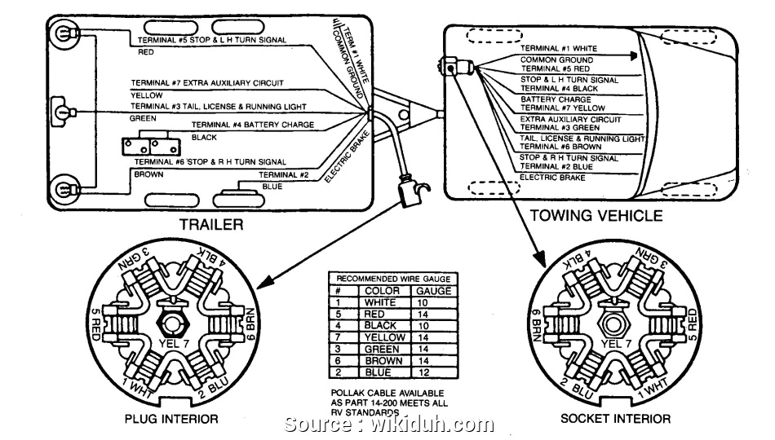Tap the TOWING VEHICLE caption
point(596,216)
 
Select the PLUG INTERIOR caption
point(170,419)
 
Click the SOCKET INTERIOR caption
point(616,419)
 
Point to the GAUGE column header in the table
point(432,290)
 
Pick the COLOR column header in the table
point(382,290)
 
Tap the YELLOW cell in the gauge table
point(383,337)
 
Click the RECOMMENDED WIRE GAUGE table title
point(392,279)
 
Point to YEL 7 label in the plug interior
point(173,345)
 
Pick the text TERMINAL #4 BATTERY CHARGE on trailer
point(252,125)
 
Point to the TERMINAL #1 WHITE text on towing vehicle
point(558,48)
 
